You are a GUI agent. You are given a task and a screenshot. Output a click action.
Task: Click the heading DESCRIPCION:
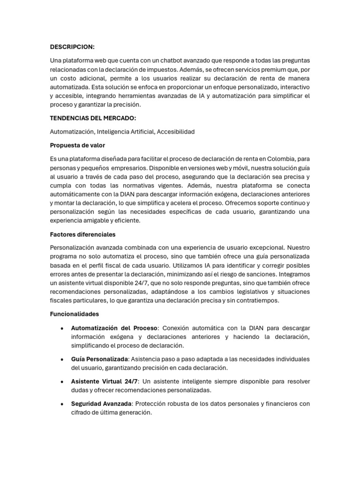coord(72,47)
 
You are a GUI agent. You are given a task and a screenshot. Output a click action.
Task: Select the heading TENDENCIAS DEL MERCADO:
coord(93,118)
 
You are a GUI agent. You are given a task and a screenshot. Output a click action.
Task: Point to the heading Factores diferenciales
coord(82,234)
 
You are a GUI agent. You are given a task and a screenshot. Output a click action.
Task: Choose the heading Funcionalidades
coord(74,314)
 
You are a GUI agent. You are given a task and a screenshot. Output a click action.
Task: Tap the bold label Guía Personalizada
coord(99,359)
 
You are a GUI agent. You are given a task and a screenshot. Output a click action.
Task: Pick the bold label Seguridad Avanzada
coord(101,404)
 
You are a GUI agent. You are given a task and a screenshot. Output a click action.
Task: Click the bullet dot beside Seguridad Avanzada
coord(62,404)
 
